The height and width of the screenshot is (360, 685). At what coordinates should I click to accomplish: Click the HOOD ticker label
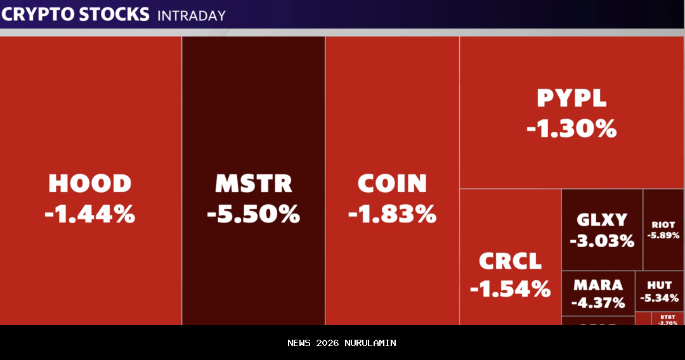tap(90, 184)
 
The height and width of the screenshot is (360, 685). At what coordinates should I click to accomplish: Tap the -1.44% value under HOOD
tap(90, 214)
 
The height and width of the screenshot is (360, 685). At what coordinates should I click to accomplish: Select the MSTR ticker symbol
tap(254, 184)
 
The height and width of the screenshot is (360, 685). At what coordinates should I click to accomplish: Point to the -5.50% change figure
tap(254, 214)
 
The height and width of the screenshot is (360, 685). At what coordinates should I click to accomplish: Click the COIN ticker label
tap(393, 184)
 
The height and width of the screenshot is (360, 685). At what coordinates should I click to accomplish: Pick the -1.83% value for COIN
tap(393, 214)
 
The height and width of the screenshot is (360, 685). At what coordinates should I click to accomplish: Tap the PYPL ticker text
tap(571, 98)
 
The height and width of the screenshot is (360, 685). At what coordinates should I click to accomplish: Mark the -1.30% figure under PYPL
tap(571, 129)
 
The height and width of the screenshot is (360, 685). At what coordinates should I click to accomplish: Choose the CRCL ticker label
tap(511, 261)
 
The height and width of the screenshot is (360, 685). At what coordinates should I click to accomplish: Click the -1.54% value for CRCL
tap(511, 290)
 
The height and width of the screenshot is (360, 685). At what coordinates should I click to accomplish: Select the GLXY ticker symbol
tap(602, 220)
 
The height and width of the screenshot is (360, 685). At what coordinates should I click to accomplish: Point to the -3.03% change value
tap(602, 241)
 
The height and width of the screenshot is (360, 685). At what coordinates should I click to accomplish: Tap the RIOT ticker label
tap(663, 224)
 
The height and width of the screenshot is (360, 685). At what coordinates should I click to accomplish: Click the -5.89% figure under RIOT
tap(663, 235)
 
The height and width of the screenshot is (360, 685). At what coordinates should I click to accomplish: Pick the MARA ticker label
tap(598, 285)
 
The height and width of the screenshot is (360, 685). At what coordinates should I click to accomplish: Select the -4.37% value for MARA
tap(598, 303)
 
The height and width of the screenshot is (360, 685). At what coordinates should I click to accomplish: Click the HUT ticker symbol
tap(660, 286)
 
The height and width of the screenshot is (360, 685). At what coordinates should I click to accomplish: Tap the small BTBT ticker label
tap(668, 316)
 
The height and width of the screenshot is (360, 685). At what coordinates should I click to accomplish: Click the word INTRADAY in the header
tap(192, 15)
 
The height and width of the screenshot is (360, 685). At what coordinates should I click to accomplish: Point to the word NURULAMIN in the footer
tap(370, 343)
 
